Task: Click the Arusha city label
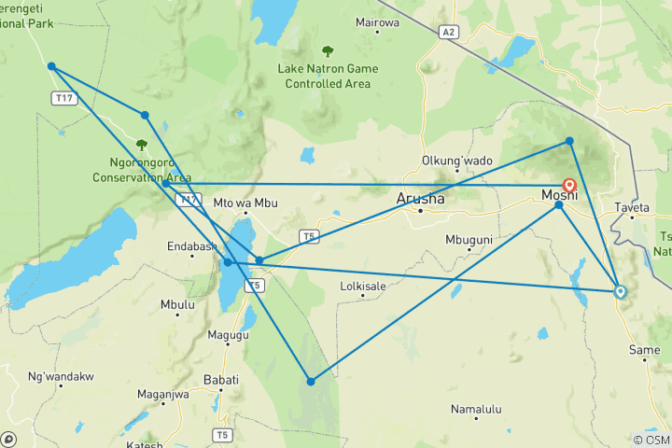[x=421, y=198]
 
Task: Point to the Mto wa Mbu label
[x=246, y=203]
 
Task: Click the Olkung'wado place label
[x=457, y=161]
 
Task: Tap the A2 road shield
[x=450, y=32]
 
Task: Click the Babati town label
[x=221, y=380]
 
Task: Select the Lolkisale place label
[x=364, y=286]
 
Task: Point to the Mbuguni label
[x=469, y=240]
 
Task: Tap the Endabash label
[x=191, y=247]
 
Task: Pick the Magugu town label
[x=228, y=335]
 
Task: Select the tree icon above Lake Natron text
[x=328, y=51]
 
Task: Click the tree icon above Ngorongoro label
[x=142, y=145]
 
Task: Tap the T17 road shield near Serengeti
[x=64, y=98]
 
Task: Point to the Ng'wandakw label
[x=62, y=377]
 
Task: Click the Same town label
[x=644, y=350]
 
